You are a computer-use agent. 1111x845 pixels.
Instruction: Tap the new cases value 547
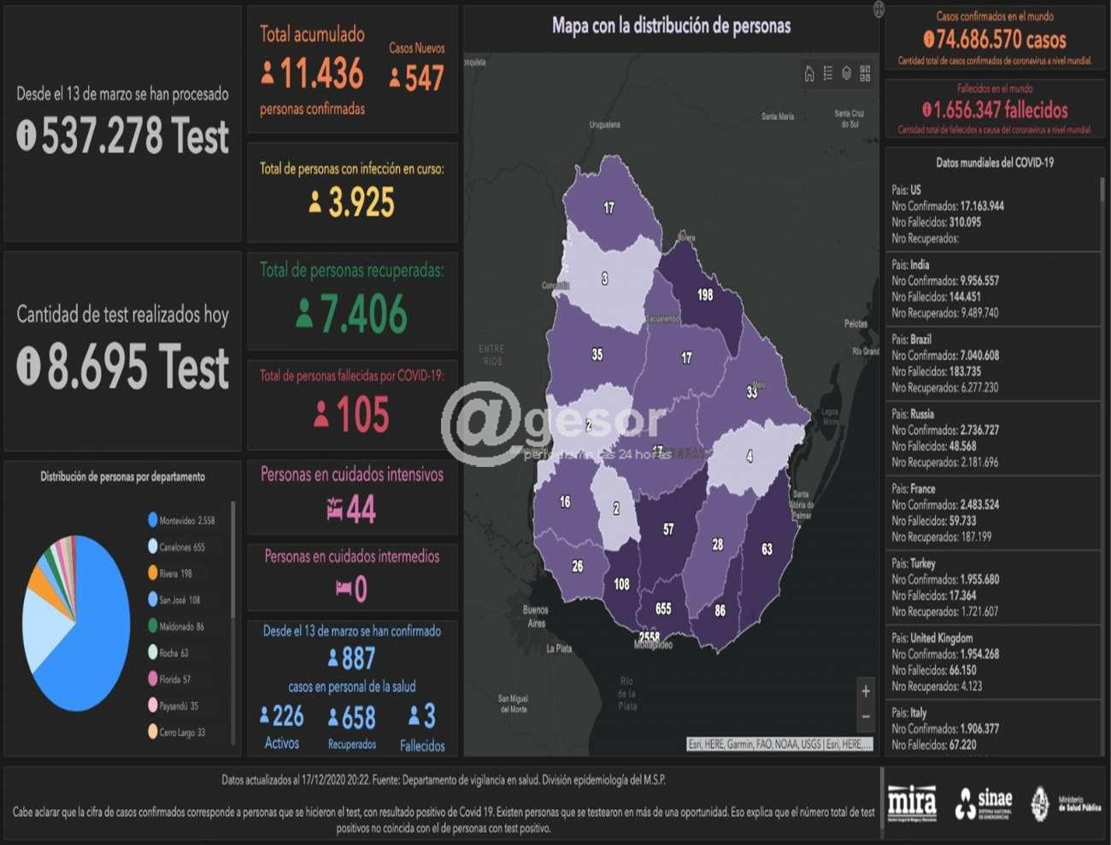pyautogui.click(x=424, y=79)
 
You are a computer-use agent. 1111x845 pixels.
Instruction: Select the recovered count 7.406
pyautogui.click(x=363, y=315)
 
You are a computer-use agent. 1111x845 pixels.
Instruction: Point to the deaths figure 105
pyautogui.click(x=362, y=416)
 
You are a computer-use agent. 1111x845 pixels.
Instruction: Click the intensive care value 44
pyautogui.click(x=361, y=511)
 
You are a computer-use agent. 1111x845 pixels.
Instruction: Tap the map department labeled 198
pyautogui.click(x=705, y=295)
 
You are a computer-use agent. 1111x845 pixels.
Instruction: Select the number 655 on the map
pyautogui.click(x=663, y=609)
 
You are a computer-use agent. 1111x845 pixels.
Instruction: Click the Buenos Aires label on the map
pyautogui.click(x=536, y=616)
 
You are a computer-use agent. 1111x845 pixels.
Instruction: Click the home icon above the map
pyautogui.click(x=808, y=74)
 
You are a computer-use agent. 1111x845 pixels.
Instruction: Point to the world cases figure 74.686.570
pyautogui.click(x=1001, y=39)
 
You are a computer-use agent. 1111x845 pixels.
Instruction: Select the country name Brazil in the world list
pyautogui.click(x=920, y=340)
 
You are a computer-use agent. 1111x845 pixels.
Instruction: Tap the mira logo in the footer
pyautogui.click(x=912, y=803)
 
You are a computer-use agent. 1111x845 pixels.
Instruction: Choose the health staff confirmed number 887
pyautogui.click(x=358, y=659)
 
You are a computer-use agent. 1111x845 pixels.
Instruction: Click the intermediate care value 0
pyautogui.click(x=360, y=589)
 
